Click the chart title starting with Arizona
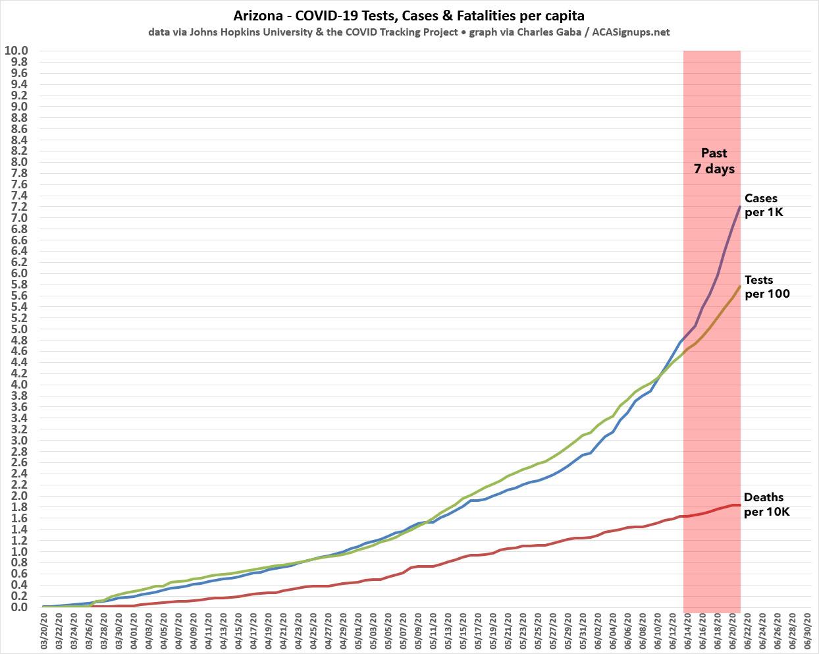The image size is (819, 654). click(x=409, y=14)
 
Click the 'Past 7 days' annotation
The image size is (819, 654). click(x=714, y=161)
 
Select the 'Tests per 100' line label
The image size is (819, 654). click(x=766, y=286)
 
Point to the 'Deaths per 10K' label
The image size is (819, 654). click(x=766, y=504)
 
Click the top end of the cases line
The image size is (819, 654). click(x=740, y=207)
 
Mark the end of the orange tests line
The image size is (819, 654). click(x=740, y=286)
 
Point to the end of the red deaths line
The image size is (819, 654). click(x=740, y=505)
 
